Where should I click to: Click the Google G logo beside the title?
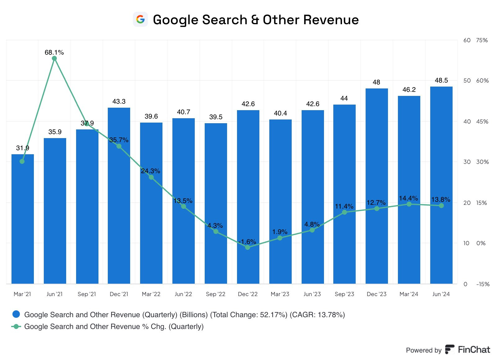[140, 20]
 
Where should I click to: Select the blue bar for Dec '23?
[376, 186]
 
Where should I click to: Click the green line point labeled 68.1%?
[54, 58]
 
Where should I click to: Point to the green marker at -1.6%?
[248, 247]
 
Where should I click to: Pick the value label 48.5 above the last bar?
[441, 80]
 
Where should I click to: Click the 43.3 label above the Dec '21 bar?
[119, 101]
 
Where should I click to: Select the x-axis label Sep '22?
[216, 294]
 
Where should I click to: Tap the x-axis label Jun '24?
[441, 294]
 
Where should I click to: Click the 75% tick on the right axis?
[482, 40]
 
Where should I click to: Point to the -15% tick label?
[483, 284]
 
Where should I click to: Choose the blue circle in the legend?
[16, 314]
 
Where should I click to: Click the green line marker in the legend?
[16, 326]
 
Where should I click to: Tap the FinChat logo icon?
[449, 349]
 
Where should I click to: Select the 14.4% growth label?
[408, 198]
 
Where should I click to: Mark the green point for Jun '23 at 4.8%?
[312, 230]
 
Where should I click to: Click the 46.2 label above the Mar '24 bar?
[409, 90]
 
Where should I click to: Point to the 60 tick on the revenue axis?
[467, 40]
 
